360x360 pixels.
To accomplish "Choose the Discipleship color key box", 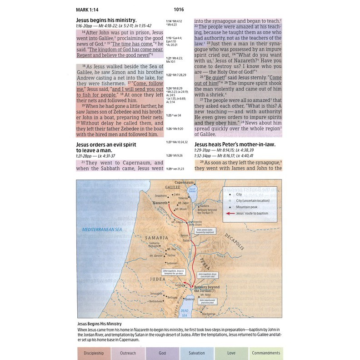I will coord(95,353).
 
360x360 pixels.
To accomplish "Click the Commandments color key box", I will coord(266,353).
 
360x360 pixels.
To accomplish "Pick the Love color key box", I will coord(232,353).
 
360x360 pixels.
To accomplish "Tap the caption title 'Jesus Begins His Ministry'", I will coord(100,323).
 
